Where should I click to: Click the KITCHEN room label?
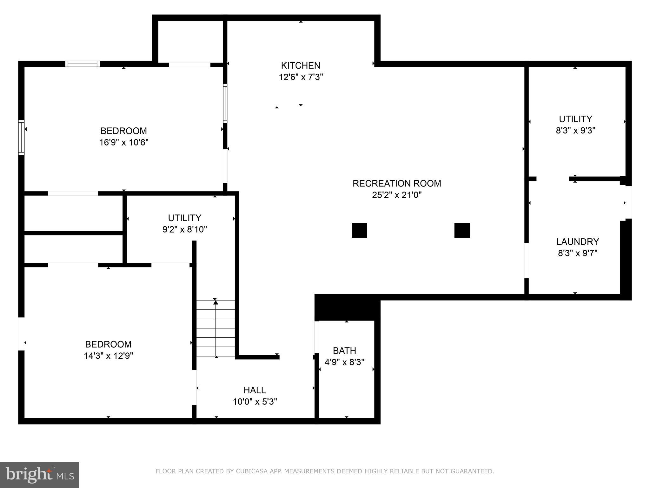300,65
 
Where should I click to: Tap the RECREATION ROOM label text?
396,183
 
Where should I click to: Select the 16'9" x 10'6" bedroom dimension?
124,142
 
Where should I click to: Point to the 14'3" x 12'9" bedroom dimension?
108,356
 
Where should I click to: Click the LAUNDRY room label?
577,242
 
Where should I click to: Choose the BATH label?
344,351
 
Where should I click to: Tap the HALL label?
255,390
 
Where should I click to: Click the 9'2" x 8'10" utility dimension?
184,229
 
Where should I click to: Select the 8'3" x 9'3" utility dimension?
575,131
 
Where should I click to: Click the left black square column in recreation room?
359,230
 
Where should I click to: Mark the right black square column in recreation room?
462,230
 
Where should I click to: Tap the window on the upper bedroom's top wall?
83,64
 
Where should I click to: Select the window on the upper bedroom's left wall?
21,137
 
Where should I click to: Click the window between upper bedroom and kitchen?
225,103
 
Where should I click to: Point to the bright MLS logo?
39,475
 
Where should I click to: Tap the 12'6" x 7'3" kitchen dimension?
301,77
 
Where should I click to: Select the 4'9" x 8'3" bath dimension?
344,362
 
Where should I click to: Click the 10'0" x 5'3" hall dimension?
255,402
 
